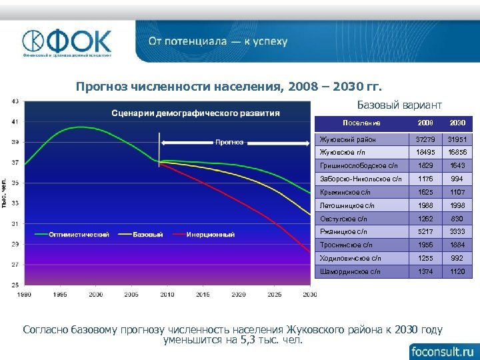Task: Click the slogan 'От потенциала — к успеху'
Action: coord(218,41)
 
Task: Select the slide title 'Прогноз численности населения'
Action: coord(229,87)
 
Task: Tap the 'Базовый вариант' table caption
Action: coord(399,105)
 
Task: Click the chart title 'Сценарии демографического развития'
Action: coord(195,113)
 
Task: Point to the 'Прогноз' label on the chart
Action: coord(229,141)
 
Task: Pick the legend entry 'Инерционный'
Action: coord(210,234)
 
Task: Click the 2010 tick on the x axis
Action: coord(167,294)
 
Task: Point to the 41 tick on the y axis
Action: coord(15,121)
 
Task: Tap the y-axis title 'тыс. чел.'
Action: coord(5,193)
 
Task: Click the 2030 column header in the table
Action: coord(457,123)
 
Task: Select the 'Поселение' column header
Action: coord(361,123)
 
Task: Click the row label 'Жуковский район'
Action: coord(348,139)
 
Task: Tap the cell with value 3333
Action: coord(457,231)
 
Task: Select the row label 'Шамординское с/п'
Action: coord(351,271)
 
